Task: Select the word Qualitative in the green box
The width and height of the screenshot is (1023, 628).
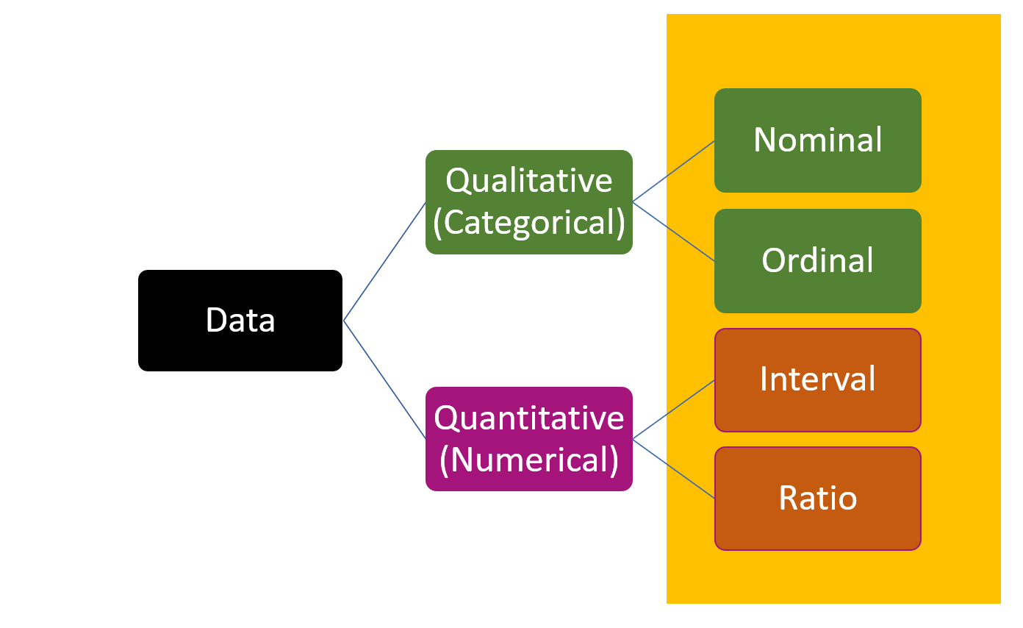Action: tap(528, 180)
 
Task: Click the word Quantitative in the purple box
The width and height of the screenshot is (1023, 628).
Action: tap(528, 418)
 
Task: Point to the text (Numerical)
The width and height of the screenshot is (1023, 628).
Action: tap(528, 460)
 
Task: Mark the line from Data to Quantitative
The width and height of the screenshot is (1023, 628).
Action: tap(384, 379)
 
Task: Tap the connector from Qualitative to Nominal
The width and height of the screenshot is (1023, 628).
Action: tap(673, 171)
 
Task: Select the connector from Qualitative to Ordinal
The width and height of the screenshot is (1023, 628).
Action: tap(673, 231)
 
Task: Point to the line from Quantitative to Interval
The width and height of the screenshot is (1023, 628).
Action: tap(673, 410)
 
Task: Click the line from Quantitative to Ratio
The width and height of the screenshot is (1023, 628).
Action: tap(673, 468)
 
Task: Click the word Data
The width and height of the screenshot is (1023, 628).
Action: tap(240, 321)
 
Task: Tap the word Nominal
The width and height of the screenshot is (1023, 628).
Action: tap(817, 140)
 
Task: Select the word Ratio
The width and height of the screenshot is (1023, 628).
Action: tap(817, 499)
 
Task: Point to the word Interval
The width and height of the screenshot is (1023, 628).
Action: tap(817, 379)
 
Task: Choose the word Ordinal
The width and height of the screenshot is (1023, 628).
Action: tap(817, 260)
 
